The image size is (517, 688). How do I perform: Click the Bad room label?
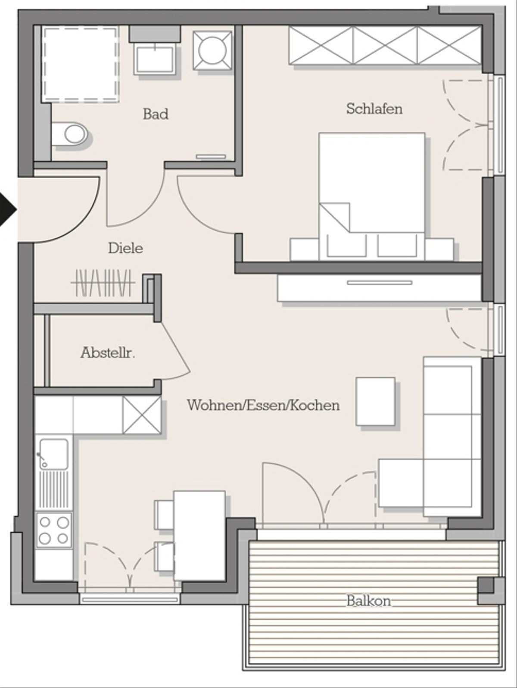click(x=156, y=114)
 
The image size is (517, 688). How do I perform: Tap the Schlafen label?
click(x=374, y=109)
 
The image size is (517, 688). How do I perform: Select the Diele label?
click(x=125, y=248)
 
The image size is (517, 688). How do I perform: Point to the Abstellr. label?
click(x=108, y=353)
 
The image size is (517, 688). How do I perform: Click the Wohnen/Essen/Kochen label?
click(x=263, y=405)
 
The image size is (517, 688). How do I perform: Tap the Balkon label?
click(x=369, y=601)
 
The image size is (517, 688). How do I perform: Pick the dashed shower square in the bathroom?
click(x=81, y=64)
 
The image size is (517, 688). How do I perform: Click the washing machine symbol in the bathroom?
click(x=212, y=50)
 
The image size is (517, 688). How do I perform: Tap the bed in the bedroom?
click(x=372, y=197)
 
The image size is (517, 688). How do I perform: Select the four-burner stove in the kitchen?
click(x=54, y=530)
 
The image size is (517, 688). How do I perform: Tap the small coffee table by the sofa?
click(x=376, y=401)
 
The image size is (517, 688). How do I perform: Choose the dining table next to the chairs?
click(x=199, y=536)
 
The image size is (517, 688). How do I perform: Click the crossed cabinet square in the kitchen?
click(x=142, y=415)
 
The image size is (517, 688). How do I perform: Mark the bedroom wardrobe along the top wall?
click(x=385, y=46)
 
